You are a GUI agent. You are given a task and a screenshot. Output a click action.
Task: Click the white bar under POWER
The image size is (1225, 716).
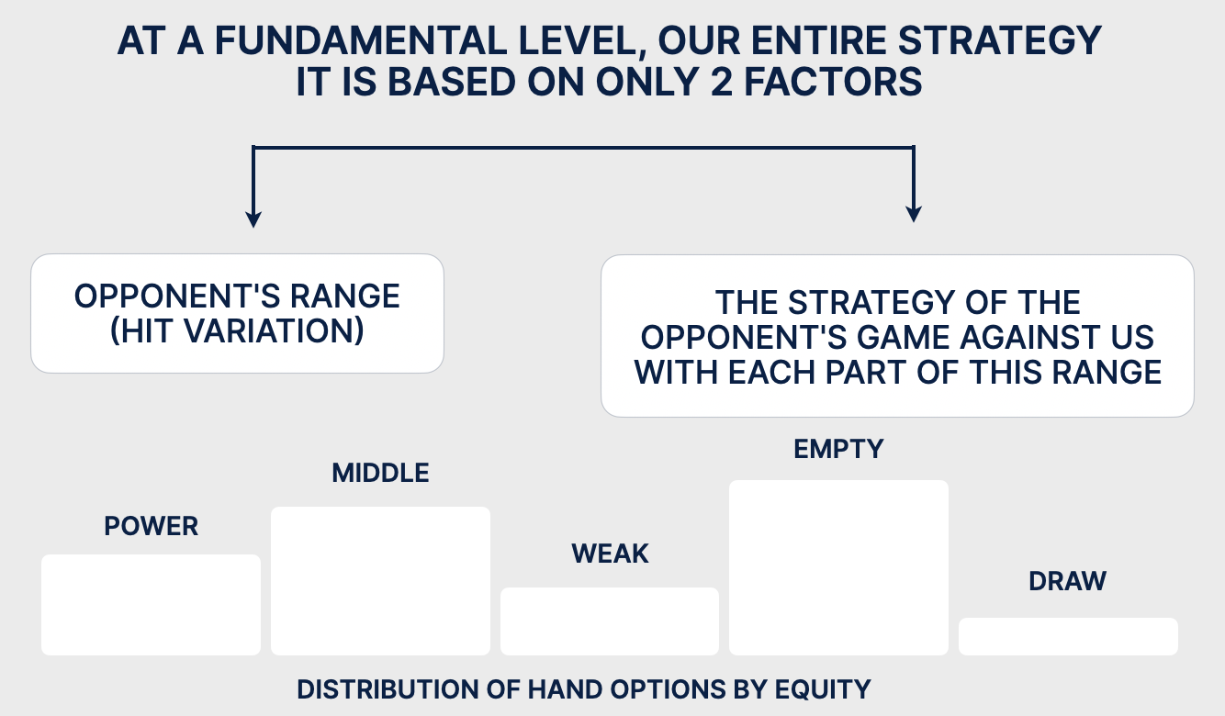pos(151,605)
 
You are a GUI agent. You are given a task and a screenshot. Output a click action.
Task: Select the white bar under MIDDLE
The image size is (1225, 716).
pos(380,580)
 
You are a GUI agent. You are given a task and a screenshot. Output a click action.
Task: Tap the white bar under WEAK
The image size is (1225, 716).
pos(610,621)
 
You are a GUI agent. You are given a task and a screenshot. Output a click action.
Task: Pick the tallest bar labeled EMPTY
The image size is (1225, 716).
pos(839,567)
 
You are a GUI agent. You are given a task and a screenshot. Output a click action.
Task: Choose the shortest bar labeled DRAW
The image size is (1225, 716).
pos(1068,636)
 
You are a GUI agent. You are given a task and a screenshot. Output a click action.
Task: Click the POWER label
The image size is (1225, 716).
pos(151,526)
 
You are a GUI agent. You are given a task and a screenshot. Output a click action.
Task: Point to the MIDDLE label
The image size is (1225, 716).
pos(380,473)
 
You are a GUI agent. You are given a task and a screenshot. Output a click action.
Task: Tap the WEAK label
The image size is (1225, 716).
pos(610,554)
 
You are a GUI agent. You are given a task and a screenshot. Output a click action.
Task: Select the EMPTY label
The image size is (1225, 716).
pos(839,449)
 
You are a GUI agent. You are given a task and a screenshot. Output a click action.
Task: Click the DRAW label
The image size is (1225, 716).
pos(1067,581)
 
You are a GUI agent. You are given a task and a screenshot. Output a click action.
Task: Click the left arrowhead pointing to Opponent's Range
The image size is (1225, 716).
pos(253,219)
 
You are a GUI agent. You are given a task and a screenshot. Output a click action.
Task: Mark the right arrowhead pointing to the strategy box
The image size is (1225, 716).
pos(914,214)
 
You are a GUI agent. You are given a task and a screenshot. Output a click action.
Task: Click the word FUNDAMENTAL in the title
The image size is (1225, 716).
pos(360,41)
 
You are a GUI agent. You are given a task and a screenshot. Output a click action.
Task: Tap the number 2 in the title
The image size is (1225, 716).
pos(722,82)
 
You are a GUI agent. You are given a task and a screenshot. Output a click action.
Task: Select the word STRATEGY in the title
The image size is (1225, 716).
pos(1000,41)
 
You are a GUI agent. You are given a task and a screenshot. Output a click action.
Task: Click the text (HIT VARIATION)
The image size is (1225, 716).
pos(237,330)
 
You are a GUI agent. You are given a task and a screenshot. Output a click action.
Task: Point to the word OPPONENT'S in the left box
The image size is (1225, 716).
pos(176,296)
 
